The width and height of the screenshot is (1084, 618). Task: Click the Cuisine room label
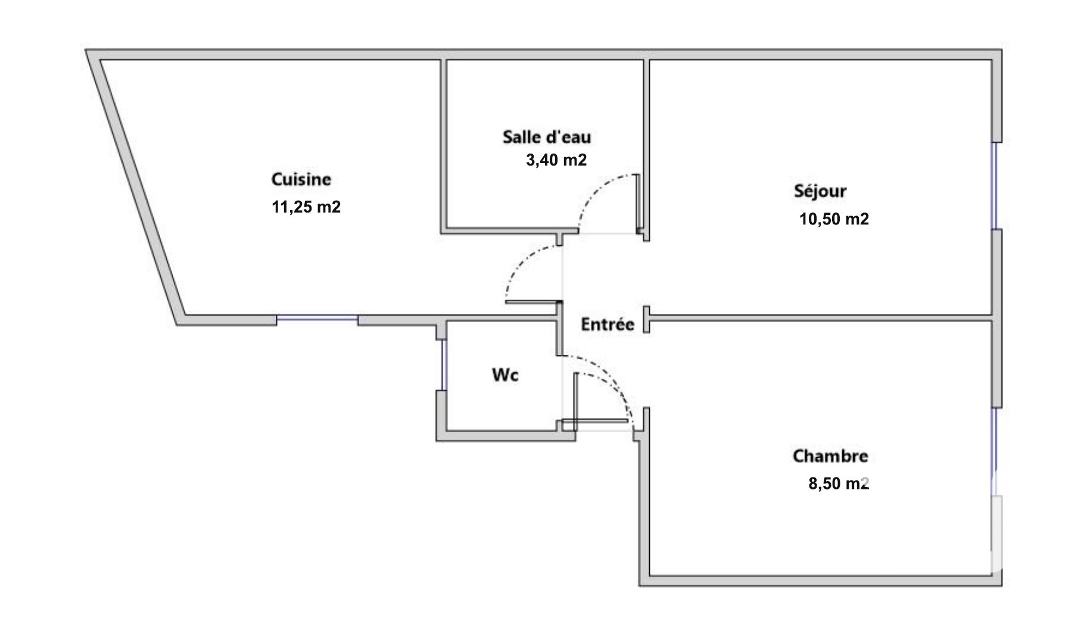301,179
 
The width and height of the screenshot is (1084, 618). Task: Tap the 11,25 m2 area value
306,207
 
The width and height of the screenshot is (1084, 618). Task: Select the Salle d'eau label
547,137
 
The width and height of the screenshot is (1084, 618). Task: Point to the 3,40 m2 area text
556,160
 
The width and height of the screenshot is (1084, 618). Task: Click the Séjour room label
820,191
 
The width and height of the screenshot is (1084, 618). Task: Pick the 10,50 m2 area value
834,219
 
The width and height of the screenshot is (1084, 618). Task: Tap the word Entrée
608,324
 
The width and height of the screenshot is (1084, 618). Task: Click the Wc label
505,375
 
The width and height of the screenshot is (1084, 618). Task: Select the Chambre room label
830,456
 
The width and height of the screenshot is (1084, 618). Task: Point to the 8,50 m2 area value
839,483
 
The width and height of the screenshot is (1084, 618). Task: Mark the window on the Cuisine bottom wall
317,320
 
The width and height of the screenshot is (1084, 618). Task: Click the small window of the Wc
441,365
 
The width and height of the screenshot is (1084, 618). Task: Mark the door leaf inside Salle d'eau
637,202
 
